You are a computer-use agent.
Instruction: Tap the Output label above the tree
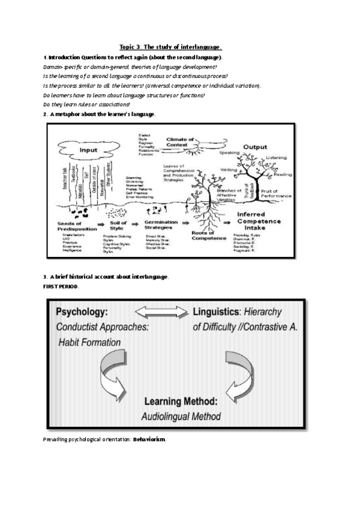(255, 147)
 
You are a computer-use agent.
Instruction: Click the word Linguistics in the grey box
(217, 313)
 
